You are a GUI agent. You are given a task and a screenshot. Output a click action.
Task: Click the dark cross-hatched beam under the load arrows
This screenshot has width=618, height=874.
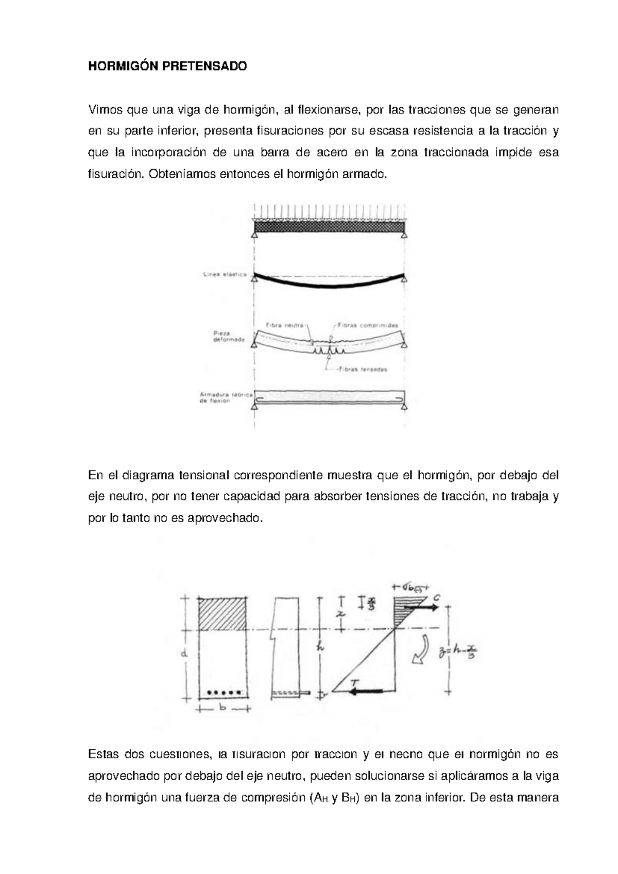coord(330,227)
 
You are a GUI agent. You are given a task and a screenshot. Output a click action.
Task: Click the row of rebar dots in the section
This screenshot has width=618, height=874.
coord(224,692)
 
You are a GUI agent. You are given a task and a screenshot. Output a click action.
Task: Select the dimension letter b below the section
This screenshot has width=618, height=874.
coord(222,709)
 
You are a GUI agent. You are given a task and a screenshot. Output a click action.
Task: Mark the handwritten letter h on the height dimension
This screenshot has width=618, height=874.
coord(320,649)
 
